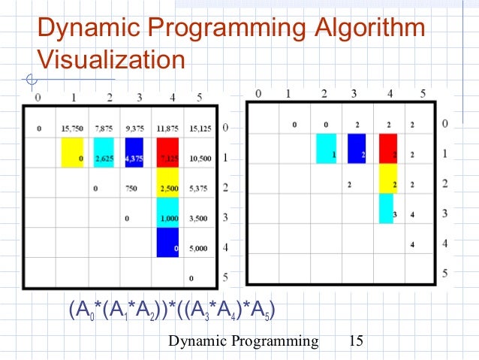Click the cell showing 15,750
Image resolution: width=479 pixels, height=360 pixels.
coord(73,129)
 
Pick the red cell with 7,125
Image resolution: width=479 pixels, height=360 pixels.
coord(167,159)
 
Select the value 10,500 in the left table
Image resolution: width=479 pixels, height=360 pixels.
coord(200,159)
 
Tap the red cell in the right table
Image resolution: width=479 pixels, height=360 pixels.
coord(388,149)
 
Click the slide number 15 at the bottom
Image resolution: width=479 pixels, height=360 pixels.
coord(356,341)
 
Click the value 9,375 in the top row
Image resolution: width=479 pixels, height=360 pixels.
coord(136,129)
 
